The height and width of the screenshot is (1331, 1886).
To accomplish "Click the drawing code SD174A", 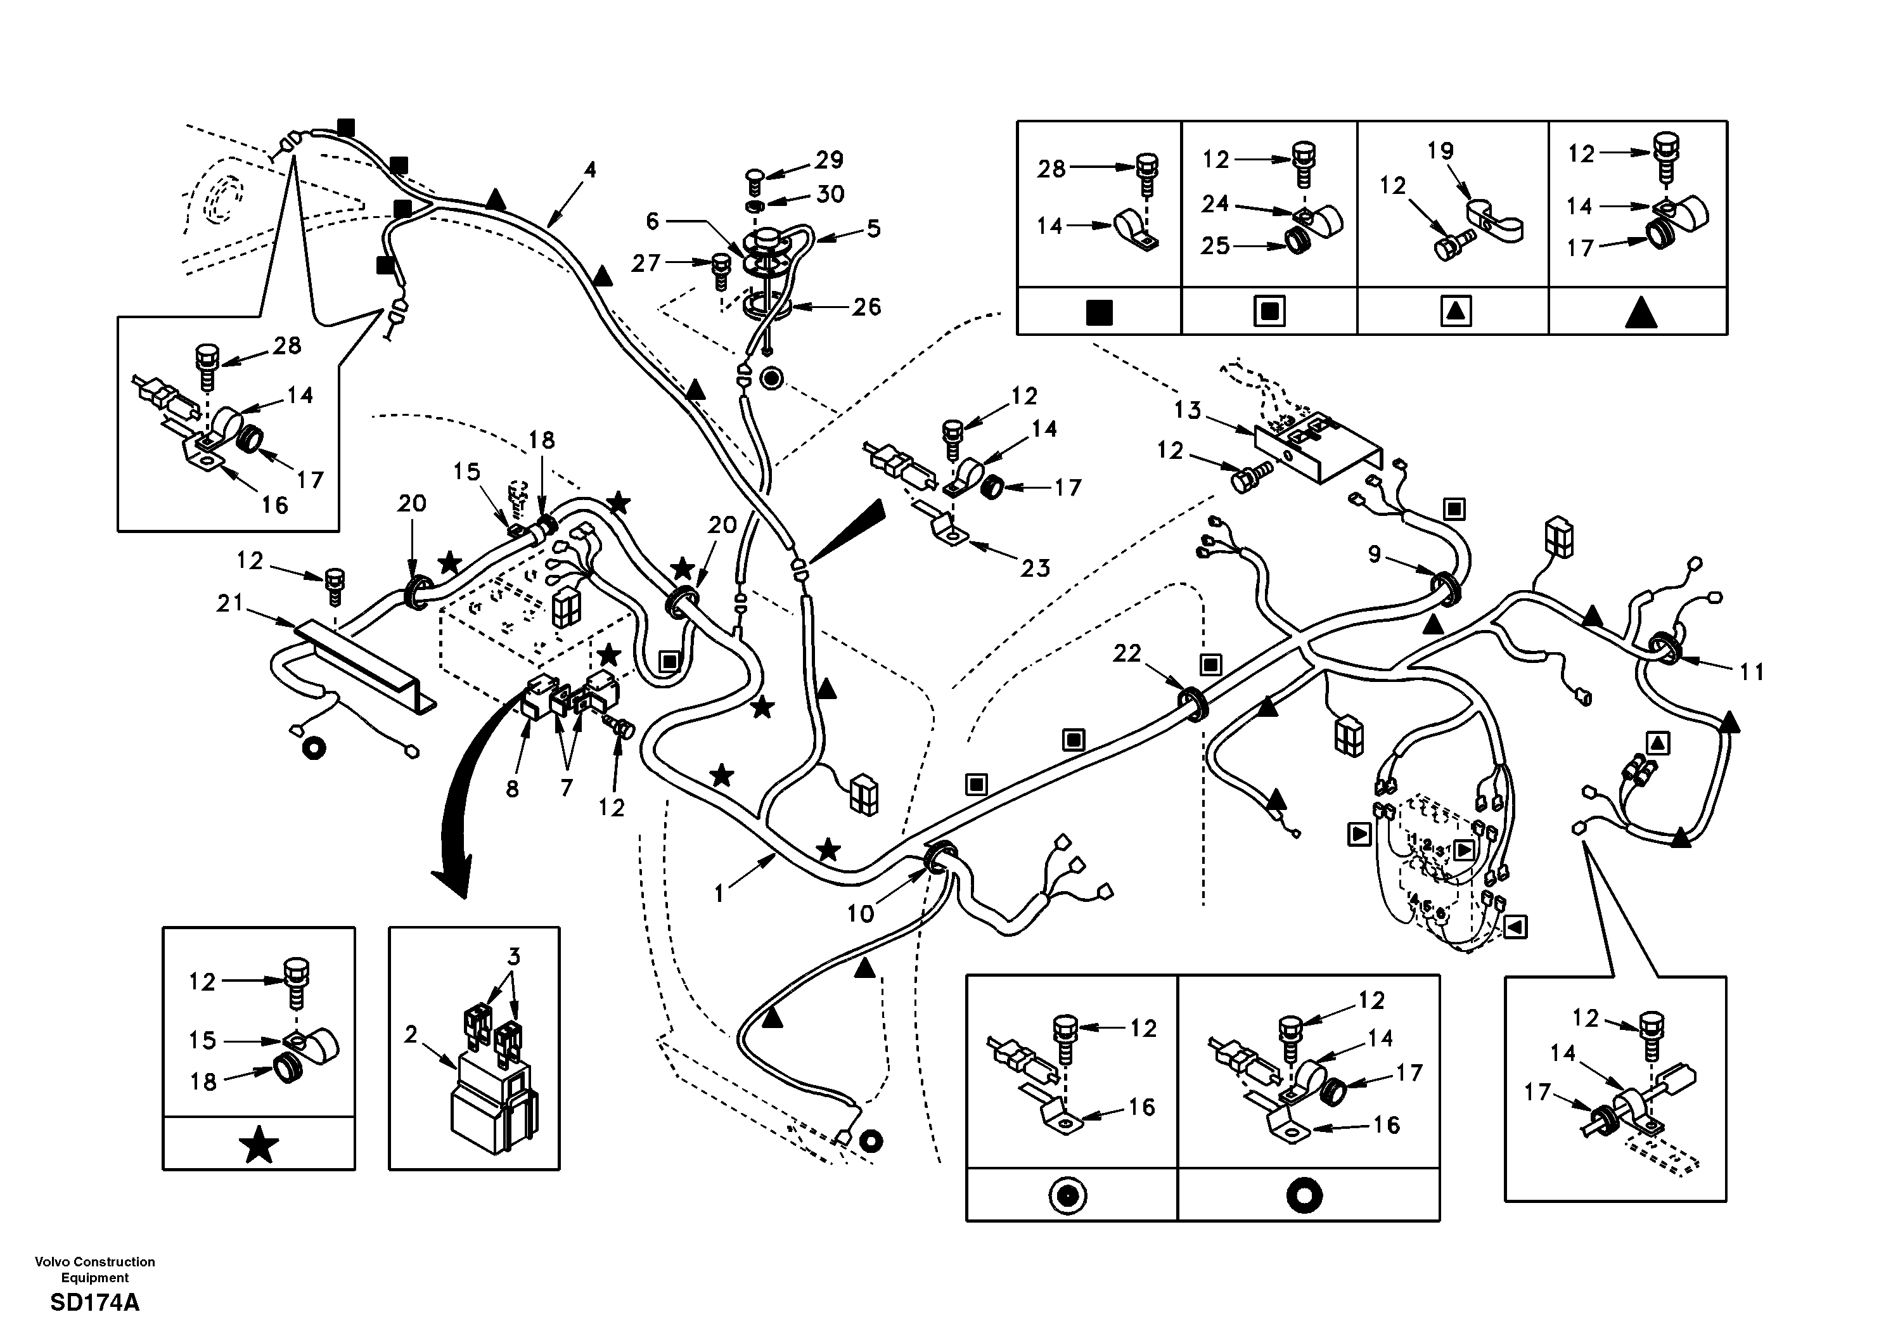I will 94,1304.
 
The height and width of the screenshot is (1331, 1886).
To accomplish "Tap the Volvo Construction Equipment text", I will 94,1270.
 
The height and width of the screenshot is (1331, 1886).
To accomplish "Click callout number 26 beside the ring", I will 866,307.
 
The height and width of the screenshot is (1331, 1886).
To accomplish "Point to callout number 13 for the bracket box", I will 1187,410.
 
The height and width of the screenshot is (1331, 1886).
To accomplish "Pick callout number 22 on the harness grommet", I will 1127,653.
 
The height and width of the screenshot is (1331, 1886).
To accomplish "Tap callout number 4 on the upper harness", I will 590,170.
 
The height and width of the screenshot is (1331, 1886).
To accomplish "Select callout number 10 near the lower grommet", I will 860,913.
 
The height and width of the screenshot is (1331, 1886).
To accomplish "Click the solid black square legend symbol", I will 1099,313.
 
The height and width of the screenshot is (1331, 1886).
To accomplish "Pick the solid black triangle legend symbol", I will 1639,313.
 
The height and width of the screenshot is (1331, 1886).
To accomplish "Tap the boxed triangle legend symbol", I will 1456,311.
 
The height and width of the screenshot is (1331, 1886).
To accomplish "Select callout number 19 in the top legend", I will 1440,151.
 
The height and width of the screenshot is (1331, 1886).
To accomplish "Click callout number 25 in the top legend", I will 1216,246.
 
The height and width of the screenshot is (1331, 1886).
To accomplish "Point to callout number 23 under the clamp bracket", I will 1035,568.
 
